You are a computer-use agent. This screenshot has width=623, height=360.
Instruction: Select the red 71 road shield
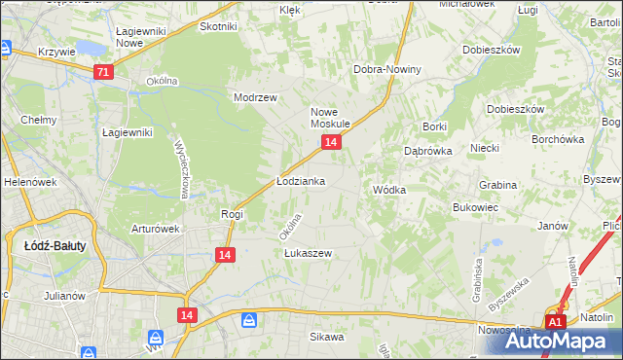point(103,72)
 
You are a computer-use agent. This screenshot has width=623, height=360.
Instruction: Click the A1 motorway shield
point(555,321)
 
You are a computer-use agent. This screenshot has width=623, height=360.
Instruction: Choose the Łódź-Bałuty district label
point(55,246)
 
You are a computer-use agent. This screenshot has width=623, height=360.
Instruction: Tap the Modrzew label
point(256,97)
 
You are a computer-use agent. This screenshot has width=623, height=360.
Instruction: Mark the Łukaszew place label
point(309,253)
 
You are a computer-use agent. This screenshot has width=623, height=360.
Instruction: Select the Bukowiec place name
point(476,207)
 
